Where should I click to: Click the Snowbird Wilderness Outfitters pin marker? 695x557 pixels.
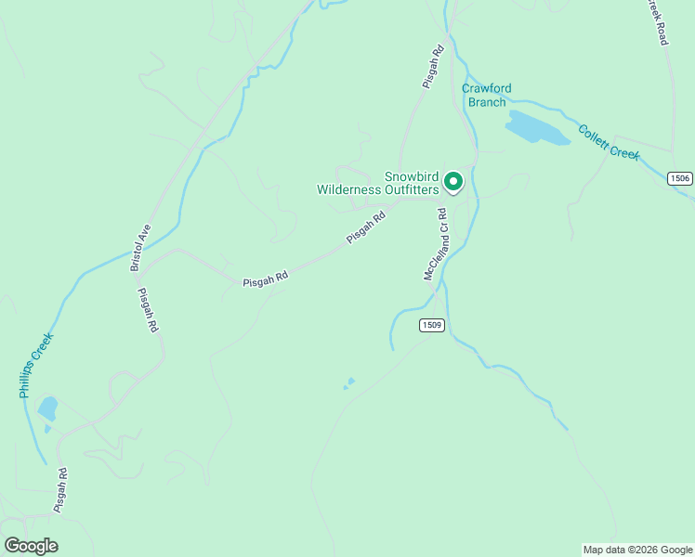click(x=453, y=181)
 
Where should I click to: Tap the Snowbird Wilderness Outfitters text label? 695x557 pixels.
click(x=376, y=183)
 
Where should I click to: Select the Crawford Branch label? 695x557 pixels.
click(x=487, y=95)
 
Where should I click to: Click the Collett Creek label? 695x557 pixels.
click(x=609, y=142)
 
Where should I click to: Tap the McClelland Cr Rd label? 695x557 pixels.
click(x=436, y=244)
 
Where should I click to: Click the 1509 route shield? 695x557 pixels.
click(x=431, y=325)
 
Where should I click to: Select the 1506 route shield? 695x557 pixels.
click(x=681, y=177)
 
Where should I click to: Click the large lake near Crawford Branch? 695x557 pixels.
click(x=536, y=128)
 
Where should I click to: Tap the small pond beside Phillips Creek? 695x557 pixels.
click(x=47, y=408)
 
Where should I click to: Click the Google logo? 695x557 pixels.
click(x=31, y=546)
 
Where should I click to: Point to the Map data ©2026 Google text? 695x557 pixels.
click(x=637, y=550)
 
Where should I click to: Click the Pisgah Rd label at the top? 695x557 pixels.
click(x=433, y=65)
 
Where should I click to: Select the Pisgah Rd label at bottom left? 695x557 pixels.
click(x=61, y=491)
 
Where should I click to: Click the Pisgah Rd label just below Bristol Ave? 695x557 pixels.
click(x=147, y=310)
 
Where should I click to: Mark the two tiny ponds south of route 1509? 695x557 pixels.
click(x=349, y=382)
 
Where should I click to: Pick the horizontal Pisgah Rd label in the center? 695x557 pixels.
click(x=265, y=278)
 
